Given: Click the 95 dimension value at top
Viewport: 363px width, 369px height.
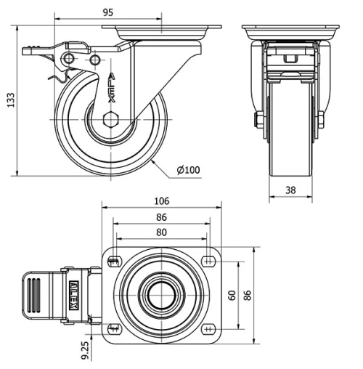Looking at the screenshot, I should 107,12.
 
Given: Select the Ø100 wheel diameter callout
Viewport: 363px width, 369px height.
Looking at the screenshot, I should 188,171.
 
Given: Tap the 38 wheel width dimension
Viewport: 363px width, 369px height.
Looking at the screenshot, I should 289,191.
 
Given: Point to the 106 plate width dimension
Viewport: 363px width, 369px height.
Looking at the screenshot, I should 161,201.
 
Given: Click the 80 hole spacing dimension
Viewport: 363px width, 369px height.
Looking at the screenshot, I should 161,232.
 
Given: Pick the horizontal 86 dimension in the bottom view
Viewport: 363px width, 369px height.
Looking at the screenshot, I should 161,217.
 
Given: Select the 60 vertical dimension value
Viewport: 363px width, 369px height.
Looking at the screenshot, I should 232,295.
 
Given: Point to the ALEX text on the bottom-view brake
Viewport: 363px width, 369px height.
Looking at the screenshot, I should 73,295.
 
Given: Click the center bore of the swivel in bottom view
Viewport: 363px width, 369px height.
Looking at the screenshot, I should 161,295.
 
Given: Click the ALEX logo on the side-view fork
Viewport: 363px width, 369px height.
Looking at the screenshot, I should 110,86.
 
